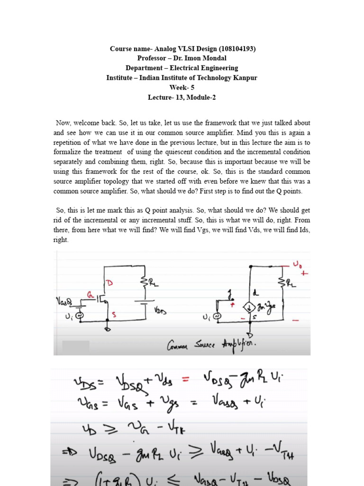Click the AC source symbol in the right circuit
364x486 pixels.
(218, 316)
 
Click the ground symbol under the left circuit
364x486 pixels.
(108, 329)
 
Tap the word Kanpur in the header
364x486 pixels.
(245, 78)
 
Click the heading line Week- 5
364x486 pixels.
(182, 87)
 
